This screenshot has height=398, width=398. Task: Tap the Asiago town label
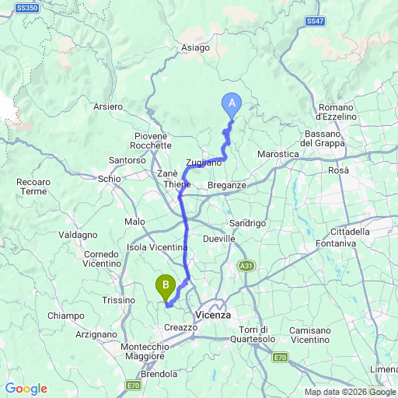click(195, 47)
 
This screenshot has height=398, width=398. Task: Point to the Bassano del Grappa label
click(327, 138)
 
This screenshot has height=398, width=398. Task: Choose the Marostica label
click(278, 154)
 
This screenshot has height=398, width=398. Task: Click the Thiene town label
click(177, 185)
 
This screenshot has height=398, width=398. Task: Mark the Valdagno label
click(78, 234)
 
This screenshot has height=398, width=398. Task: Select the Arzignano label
click(75, 333)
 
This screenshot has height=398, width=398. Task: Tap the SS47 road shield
click(315, 21)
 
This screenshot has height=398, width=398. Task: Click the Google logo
click(26, 389)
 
